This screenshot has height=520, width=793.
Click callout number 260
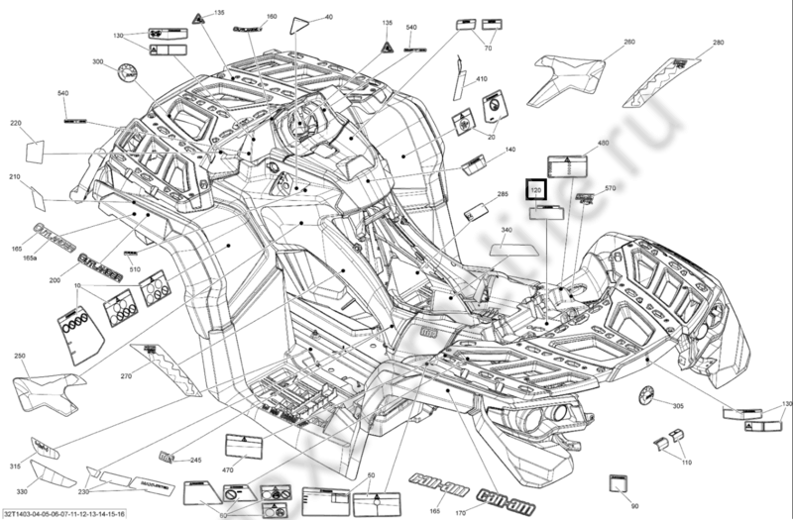tap(628, 43)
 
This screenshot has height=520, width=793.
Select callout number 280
tap(718, 43)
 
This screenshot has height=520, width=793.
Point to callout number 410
tap(482, 78)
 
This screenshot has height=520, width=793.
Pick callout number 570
tap(610, 188)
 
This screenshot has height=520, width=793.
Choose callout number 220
tap(16, 123)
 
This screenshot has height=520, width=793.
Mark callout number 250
tap(19, 356)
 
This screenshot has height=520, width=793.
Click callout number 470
tap(227, 469)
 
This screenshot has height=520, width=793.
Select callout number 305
tap(678, 406)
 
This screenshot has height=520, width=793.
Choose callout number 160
tap(272, 17)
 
